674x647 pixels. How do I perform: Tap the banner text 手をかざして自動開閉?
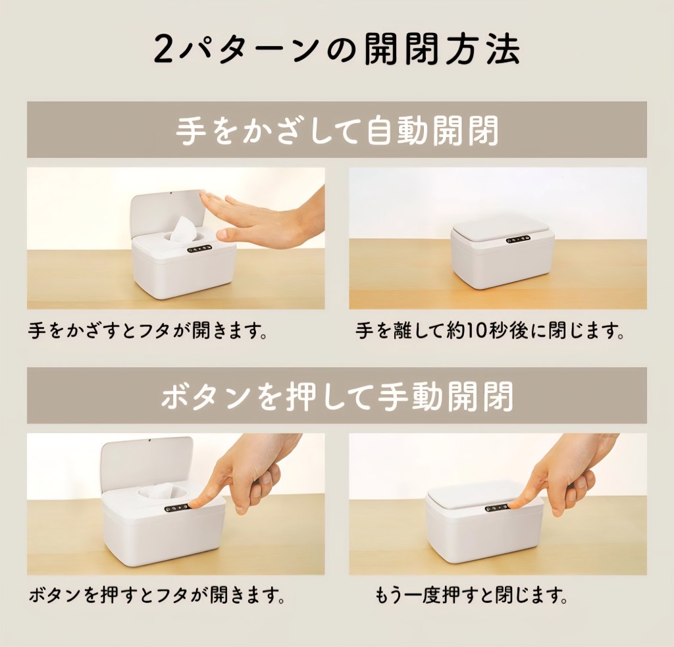[337, 130]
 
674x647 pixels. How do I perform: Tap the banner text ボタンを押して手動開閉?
[337, 396]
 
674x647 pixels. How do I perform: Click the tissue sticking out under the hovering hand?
[183, 229]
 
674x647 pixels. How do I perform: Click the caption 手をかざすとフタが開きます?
[148, 331]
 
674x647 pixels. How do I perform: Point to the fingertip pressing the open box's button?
[194, 503]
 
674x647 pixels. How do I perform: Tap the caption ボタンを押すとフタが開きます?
[157, 596]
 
